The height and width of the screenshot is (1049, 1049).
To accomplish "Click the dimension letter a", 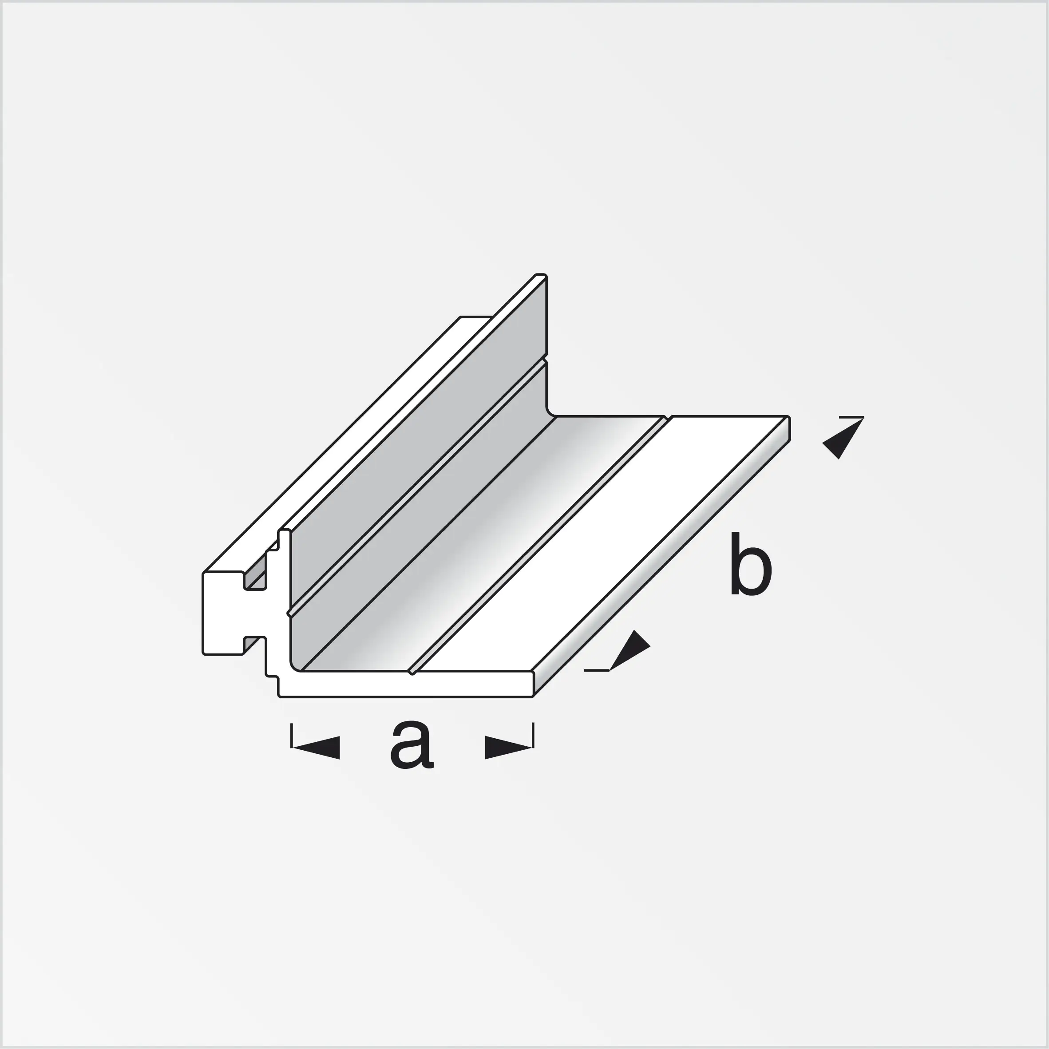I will click(412, 745).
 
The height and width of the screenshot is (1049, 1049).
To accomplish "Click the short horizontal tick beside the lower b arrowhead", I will click(596, 670).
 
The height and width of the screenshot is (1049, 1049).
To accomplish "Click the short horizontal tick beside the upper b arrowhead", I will click(851, 417).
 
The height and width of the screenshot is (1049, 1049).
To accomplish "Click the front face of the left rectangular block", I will click(222, 614).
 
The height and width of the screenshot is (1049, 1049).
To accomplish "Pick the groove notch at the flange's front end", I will click(412, 672).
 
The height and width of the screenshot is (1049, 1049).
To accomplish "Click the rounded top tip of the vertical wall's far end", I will click(541, 276).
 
